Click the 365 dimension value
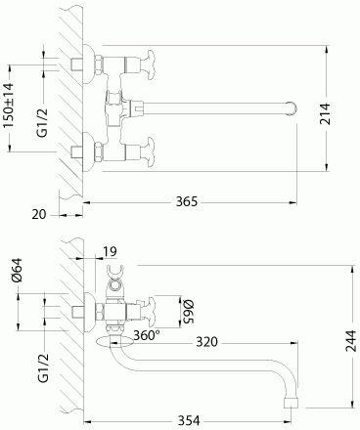coord(187,201)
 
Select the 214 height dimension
coord(325,113)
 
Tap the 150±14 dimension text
coord(8,106)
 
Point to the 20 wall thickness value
coord(39,214)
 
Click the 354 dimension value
coord(189,420)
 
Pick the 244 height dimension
coord(351,341)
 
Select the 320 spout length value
coord(206,342)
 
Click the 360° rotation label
coord(147,335)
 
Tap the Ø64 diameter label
coord(17,270)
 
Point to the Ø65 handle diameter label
coord(188,312)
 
